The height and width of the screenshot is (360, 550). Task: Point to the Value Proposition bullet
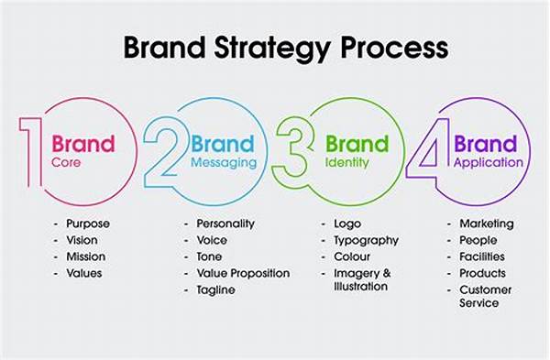coord(243,273)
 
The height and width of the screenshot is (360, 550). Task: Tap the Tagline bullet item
coord(216,289)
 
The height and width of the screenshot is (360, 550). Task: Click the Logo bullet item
coord(341,224)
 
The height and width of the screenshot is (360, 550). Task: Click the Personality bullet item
coord(225,224)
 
